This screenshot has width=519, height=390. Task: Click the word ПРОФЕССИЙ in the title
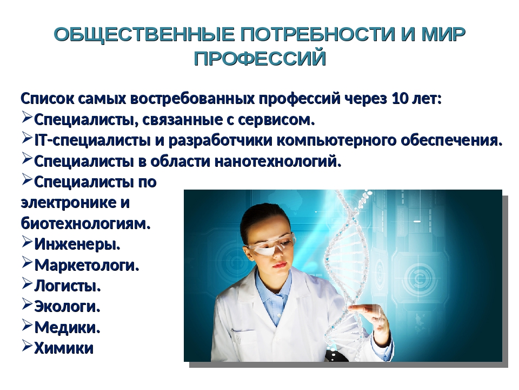point(260,58)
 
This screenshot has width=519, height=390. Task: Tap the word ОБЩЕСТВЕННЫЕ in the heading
point(144,35)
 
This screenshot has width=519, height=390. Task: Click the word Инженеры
point(77,244)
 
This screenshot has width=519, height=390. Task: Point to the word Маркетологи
point(86,265)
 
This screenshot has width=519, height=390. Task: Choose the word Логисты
point(68,285)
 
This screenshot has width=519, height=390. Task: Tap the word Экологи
point(67,307)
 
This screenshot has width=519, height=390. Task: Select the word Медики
point(67,327)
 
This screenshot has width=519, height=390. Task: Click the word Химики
point(64,348)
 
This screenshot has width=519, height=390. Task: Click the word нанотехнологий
point(278,161)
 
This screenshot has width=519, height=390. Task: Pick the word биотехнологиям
point(86,223)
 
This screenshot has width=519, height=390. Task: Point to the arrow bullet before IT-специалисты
point(27,138)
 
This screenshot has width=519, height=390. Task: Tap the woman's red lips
point(280,265)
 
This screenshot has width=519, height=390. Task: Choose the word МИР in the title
point(443,35)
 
